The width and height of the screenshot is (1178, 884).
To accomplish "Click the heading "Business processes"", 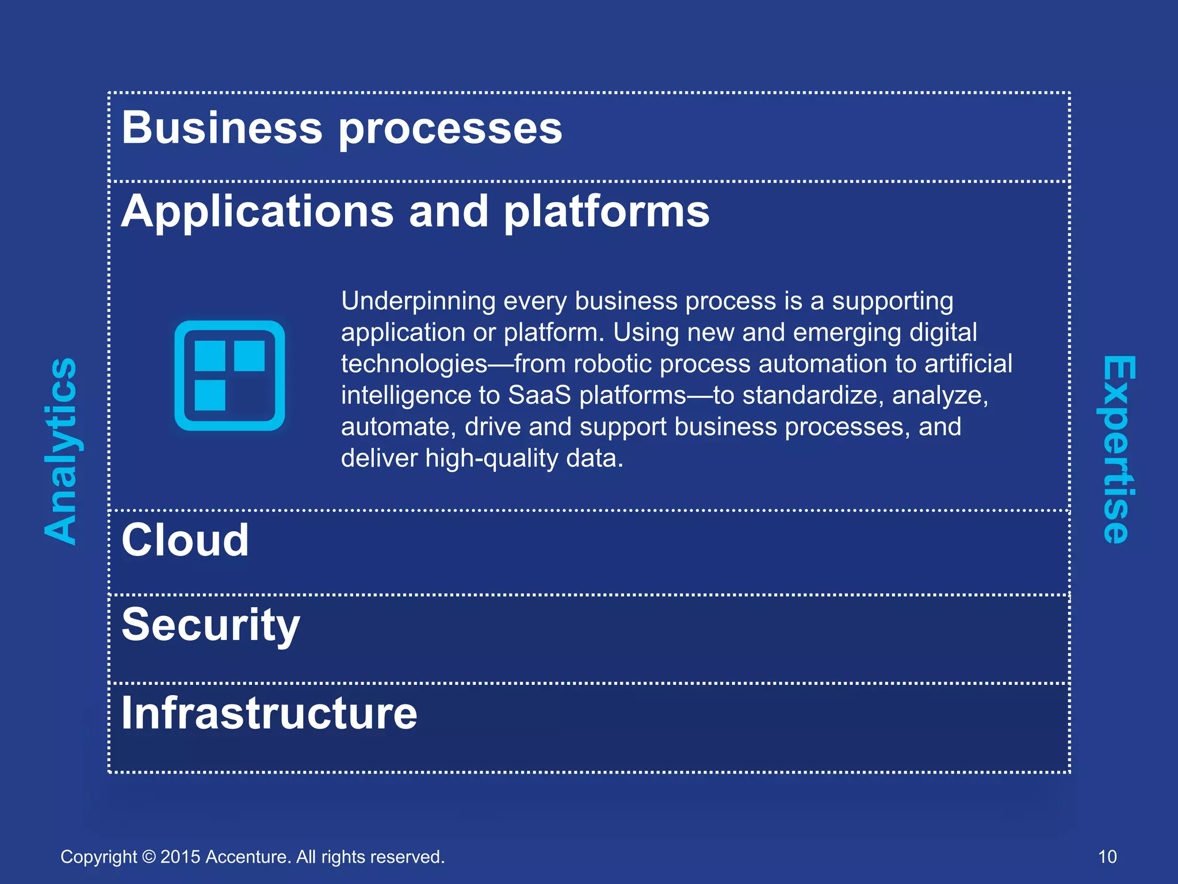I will tap(342, 128).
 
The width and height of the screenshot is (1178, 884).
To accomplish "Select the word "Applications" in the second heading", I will tap(257, 212).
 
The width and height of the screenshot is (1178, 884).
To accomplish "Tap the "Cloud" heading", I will tap(185, 540).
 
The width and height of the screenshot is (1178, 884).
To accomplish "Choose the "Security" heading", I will tap(211, 626).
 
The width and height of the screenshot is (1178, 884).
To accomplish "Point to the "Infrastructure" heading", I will tap(269, 713).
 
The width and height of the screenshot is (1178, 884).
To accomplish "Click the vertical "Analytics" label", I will tap(61, 451).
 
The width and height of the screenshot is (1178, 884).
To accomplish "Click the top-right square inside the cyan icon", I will tap(249, 356).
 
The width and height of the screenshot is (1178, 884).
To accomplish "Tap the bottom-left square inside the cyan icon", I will tap(210, 395).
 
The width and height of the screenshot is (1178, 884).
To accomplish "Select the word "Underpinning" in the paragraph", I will tap(418, 301).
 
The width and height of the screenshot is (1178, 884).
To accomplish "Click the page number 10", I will tap(1107, 857).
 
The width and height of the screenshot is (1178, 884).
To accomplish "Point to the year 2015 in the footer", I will tap(180, 857).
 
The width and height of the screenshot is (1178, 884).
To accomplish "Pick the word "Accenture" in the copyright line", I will tap(248, 857).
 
